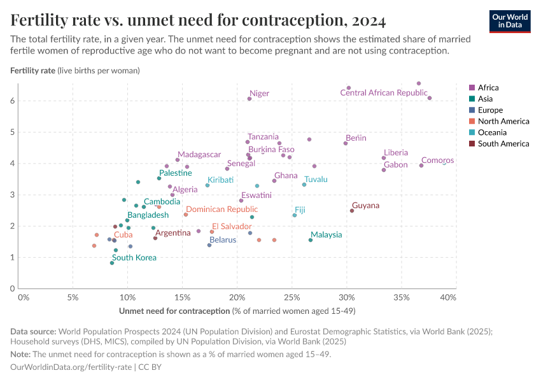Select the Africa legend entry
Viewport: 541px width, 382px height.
pos(489,88)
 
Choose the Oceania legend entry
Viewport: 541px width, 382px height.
pos(492,132)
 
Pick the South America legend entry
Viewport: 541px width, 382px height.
pos(503,144)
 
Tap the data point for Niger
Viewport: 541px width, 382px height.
pos(249,99)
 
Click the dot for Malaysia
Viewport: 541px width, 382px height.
pos(311,240)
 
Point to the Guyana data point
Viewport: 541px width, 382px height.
pos(352,211)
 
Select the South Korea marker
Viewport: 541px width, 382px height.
pos(112,263)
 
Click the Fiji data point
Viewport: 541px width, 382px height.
pos(295,215)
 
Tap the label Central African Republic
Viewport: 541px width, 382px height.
pos(383,93)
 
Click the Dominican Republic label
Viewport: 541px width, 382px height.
pos(221,209)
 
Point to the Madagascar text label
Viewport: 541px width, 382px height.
pos(199,155)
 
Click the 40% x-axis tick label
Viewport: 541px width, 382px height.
pos(448,297)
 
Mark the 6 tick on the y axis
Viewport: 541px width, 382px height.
pos(11,101)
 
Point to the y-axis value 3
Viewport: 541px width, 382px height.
pos(11,195)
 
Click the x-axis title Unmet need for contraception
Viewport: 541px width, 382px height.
pos(174,311)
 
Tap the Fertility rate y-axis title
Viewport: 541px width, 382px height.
pos(32,70)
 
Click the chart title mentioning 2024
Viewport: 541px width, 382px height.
pos(198,21)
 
